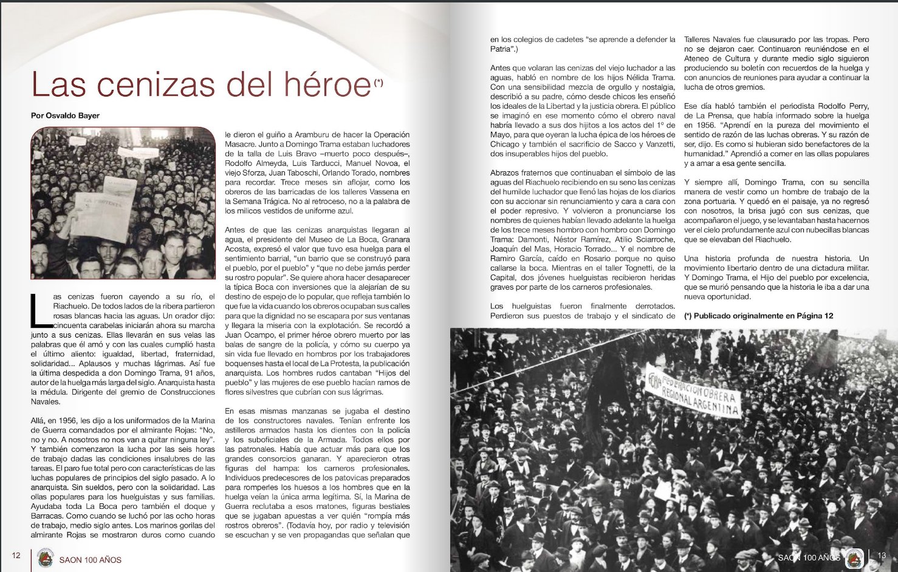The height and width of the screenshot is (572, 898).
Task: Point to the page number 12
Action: pyautogui.click(x=16, y=555)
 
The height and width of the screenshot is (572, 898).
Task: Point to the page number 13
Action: pyautogui.click(x=882, y=555)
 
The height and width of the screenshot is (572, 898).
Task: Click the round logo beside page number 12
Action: pyautogui.click(x=45, y=558)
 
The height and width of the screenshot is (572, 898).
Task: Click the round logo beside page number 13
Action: pyautogui.click(x=855, y=557)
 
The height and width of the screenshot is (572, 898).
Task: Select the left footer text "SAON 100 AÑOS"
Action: pyautogui.click(x=90, y=559)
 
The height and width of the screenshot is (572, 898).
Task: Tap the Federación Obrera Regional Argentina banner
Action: pyautogui.click(x=693, y=391)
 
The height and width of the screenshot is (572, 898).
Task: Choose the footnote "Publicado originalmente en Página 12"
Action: pyautogui.click(x=758, y=316)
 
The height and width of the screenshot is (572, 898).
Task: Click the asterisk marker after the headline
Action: pyautogui.click(x=379, y=83)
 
